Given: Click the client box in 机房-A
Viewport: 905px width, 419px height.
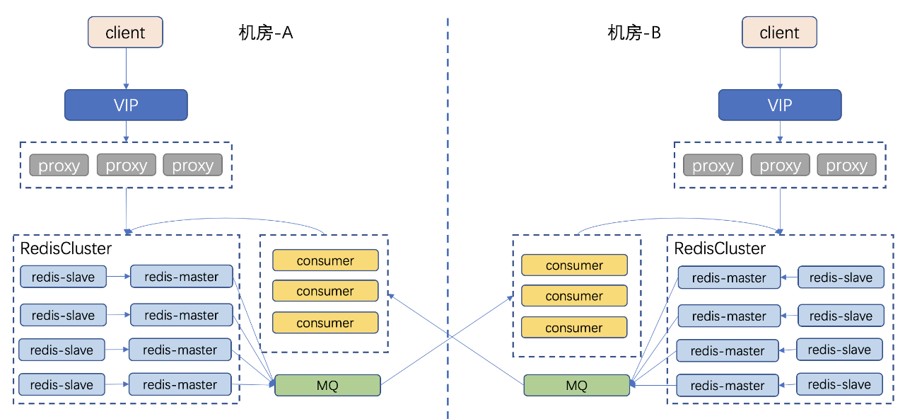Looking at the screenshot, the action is pos(125,33).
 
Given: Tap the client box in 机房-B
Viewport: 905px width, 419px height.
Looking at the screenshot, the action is pos(779,33).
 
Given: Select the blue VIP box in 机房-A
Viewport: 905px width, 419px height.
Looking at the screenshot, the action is pos(126,105).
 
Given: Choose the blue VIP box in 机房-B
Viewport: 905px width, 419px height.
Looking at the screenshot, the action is pos(780,105).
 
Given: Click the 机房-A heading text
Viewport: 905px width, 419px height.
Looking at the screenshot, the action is pos(265,33).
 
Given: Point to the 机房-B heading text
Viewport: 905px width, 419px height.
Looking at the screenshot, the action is pos(634,33).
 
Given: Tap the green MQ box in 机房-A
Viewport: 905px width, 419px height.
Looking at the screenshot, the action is pos(327,385).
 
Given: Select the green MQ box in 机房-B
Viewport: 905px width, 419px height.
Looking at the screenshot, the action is pos(576,385).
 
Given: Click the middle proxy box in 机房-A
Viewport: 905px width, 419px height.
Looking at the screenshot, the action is pos(127,165).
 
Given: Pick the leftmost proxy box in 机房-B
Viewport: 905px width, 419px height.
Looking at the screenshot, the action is pos(713,165).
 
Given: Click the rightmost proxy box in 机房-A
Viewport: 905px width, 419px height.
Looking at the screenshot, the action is pos(193,165).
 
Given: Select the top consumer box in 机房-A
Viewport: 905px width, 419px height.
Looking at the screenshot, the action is pos(326,260).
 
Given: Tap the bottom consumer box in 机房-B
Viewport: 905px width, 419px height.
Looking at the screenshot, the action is pos(574,328).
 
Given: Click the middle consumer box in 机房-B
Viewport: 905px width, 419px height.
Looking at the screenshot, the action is pos(574,296).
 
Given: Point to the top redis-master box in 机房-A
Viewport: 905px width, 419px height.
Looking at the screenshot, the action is pos(182,277).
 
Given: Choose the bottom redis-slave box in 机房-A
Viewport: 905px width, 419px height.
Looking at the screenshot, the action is pos(62,384).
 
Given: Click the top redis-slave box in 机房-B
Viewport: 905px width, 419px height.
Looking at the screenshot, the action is pos(841,277).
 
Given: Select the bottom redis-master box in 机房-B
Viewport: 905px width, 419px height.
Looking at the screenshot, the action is pos(728,385).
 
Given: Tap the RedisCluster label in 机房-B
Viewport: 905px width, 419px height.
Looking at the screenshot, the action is pos(720,248).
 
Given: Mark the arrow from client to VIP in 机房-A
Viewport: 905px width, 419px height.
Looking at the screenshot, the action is pos(126,69).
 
